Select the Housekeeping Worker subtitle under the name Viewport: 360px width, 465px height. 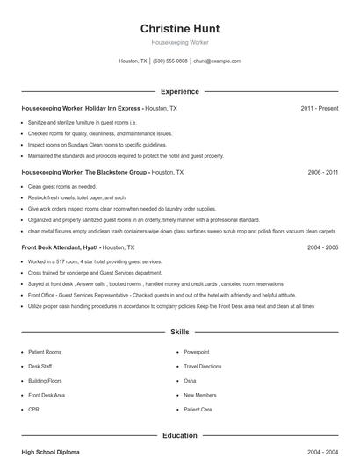(179, 42)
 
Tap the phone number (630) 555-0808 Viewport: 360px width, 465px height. (170, 61)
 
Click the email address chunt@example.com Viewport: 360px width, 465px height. (217, 61)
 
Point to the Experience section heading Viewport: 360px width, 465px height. (179, 91)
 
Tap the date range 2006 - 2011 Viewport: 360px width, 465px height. (322, 173)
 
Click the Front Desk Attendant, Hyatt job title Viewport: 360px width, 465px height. (77, 248)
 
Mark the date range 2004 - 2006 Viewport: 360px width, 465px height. (322, 248)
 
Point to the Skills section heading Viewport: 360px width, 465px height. (179, 333)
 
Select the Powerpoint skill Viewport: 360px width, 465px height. (197, 352)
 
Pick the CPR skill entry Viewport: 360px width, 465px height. (33, 410)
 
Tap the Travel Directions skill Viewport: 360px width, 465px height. (203, 366)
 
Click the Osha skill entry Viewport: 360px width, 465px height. (190, 381)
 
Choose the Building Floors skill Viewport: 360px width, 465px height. (45, 381)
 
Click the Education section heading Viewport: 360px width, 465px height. (179, 435)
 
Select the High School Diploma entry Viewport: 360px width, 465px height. (50, 452)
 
